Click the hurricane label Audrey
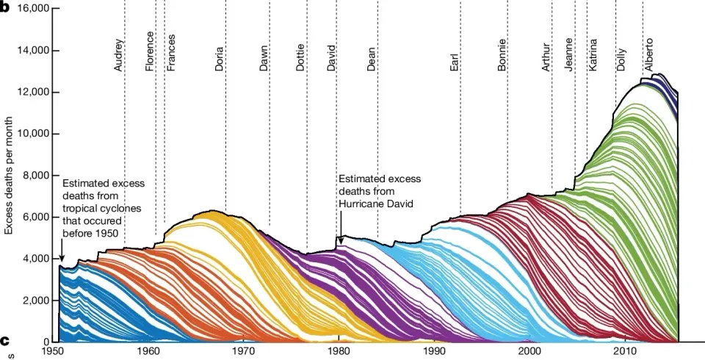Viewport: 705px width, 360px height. click(119, 55)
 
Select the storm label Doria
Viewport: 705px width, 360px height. click(220, 58)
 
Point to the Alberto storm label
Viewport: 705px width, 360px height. click(649, 55)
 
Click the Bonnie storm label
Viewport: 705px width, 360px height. click(502, 54)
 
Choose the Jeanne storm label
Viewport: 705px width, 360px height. click(569, 54)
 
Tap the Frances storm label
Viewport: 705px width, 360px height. click(170, 52)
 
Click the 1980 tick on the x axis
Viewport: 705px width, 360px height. click(339, 352)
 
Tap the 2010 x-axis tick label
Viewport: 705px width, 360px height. click(625, 352)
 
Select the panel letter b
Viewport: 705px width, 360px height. click(5, 7)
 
